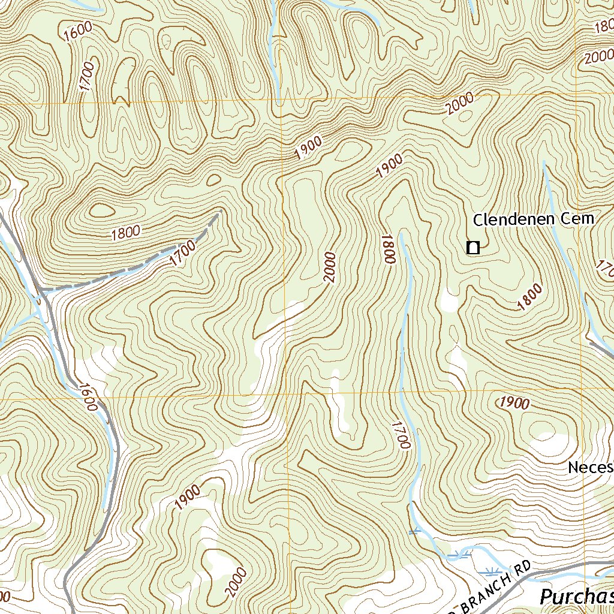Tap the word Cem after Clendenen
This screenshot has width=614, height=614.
(x=578, y=219)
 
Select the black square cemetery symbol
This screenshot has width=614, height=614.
(x=473, y=247)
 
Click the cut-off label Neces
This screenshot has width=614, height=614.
(x=591, y=467)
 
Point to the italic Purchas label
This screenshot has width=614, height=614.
(x=576, y=597)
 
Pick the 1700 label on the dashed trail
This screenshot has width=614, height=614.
(x=182, y=252)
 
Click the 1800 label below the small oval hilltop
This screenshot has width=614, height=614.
(x=125, y=233)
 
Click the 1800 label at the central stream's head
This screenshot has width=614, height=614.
(x=388, y=249)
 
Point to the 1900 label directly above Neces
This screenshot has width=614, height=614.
(x=514, y=403)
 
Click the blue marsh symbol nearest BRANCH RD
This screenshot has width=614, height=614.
(x=490, y=570)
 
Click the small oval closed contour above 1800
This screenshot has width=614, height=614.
(x=101, y=210)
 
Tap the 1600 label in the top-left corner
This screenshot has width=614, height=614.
(x=77, y=31)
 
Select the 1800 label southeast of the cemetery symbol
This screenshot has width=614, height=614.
(x=530, y=297)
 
